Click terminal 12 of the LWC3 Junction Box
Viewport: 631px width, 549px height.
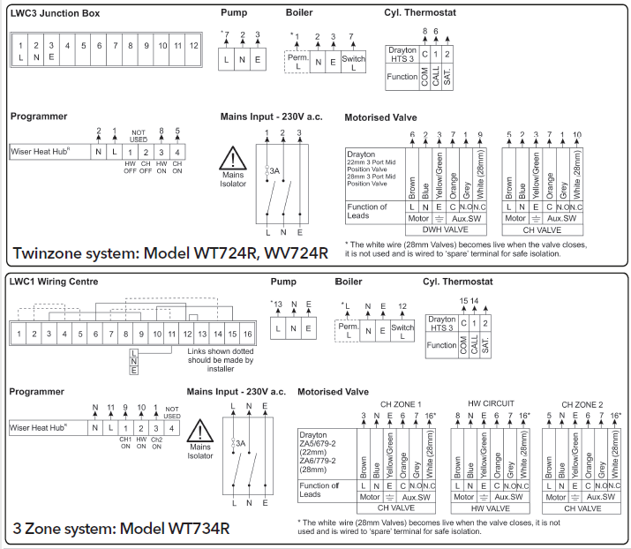click(x=193, y=44)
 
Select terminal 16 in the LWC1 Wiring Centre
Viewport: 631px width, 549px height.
click(x=249, y=334)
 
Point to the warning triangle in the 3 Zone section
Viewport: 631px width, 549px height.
click(x=201, y=432)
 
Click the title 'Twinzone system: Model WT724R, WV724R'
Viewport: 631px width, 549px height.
click(x=170, y=253)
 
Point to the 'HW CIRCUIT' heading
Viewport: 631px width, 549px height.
click(x=490, y=403)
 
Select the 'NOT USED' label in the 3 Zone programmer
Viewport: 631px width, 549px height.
click(x=172, y=412)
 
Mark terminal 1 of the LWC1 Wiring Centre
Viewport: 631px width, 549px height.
click(x=18, y=334)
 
